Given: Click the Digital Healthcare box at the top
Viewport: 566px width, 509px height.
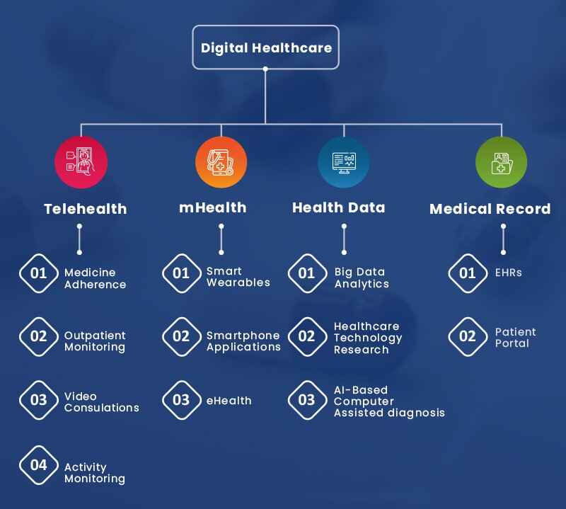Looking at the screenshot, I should [x=265, y=47].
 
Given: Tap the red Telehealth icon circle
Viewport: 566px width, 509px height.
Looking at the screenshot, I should [x=81, y=162].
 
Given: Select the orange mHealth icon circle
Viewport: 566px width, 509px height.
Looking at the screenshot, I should [x=221, y=162].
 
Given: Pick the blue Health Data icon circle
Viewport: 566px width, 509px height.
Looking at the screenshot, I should [x=343, y=162].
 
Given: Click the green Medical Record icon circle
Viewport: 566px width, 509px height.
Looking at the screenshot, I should [x=501, y=162].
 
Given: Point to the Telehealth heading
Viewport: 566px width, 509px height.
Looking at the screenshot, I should [x=85, y=209].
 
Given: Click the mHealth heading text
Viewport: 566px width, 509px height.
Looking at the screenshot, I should [x=212, y=207].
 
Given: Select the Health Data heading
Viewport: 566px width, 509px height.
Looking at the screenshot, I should [x=338, y=207].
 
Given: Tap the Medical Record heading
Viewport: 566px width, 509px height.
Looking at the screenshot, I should [x=490, y=209].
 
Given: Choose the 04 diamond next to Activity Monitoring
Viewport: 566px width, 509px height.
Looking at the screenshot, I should [x=39, y=465].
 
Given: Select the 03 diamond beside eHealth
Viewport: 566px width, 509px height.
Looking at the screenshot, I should [x=181, y=400].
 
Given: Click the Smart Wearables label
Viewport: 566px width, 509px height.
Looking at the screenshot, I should [x=238, y=277].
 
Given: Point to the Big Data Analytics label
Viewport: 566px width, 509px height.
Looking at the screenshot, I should [x=362, y=278].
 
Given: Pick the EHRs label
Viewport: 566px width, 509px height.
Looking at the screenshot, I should [x=508, y=273].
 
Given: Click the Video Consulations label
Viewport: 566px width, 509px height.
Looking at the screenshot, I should [x=101, y=402].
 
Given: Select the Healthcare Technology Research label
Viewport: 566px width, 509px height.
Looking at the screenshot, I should [x=367, y=338].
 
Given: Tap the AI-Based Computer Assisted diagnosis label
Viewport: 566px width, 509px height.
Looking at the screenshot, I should [x=388, y=401].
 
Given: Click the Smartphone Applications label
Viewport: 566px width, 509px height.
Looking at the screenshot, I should [x=243, y=341].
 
